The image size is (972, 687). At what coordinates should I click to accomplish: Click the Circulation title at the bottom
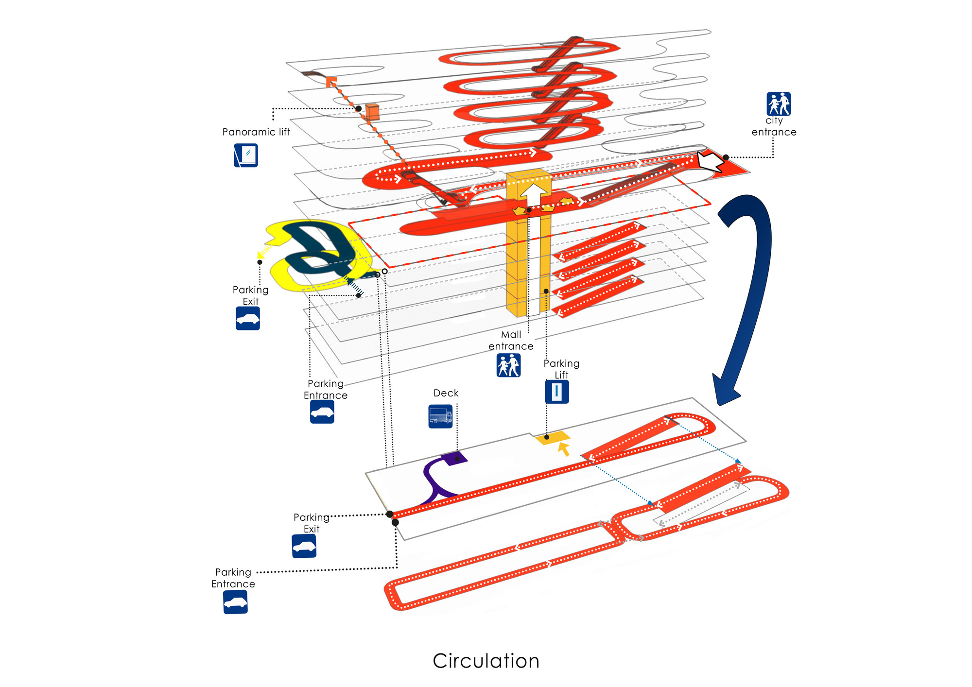[486, 661]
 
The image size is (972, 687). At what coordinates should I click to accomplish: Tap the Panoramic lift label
[256, 132]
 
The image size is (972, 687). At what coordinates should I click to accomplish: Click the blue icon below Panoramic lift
[246, 155]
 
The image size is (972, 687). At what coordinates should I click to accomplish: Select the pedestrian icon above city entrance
[779, 104]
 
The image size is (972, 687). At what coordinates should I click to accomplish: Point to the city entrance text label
[774, 126]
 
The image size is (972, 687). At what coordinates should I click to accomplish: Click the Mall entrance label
[511, 341]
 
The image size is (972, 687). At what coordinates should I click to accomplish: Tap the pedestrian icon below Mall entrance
[508, 365]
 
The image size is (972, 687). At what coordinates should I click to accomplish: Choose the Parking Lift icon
[557, 392]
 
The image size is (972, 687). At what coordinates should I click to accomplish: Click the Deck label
[446, 393]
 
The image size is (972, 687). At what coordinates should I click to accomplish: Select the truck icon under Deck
[440, 416]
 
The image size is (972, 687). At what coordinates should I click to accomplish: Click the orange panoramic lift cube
[372, 112]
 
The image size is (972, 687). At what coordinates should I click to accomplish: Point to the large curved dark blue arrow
[751, 292]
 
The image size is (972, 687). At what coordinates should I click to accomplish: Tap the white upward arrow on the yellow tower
[534, 194]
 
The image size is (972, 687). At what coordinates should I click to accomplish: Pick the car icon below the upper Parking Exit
[248, 319]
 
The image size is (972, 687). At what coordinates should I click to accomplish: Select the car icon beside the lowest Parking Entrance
[236, 602]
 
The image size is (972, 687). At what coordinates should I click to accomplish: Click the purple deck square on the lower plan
[455, 458]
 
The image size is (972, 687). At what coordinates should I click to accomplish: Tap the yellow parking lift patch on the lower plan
[553, 437]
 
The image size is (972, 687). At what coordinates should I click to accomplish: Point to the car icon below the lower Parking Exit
[304, 546]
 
